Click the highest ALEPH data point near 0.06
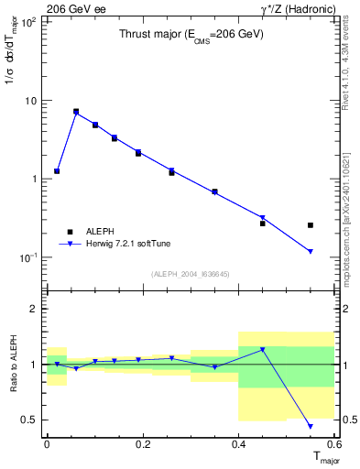76,112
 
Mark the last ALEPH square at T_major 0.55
311,224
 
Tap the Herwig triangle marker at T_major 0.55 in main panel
311,251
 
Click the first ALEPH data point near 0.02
57,171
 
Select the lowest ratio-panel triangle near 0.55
311,426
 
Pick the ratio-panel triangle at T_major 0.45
263,350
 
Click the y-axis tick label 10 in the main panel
31,100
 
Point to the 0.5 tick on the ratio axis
29,420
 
